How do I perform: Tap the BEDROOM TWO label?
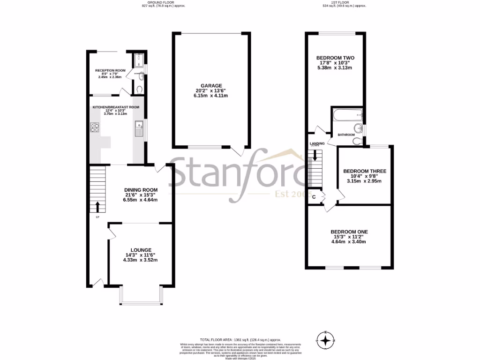point(334,57)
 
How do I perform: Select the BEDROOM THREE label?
point(364,171)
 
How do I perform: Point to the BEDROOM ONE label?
point(349,232)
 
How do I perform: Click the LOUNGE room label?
point(140,250)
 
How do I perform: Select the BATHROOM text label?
point(346,135)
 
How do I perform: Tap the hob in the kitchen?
point(94,127)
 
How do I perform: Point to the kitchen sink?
point(139,128)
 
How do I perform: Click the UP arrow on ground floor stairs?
point(97,206)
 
